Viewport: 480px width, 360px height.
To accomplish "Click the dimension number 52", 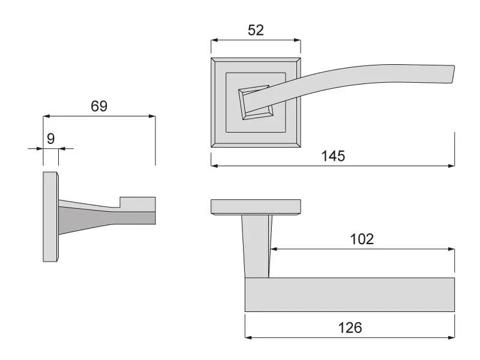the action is tap(256, 30).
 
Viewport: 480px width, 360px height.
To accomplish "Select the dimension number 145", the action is tap(333, 156).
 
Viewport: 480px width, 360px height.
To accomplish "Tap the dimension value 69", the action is tap(99, 106).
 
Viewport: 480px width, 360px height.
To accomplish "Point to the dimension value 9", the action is tap(51, 139).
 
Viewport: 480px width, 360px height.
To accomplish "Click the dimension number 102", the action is tap(362, 239).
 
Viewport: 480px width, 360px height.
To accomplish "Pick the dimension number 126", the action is tap(350, 328).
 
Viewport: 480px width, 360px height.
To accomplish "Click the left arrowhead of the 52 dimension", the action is tap(214, 40).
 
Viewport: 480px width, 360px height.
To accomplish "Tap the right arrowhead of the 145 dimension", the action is tap(451, 166).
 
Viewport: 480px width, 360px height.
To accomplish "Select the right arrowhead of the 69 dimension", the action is tap(152, 116).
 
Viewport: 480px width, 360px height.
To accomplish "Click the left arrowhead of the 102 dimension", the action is tap(274, 249).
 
